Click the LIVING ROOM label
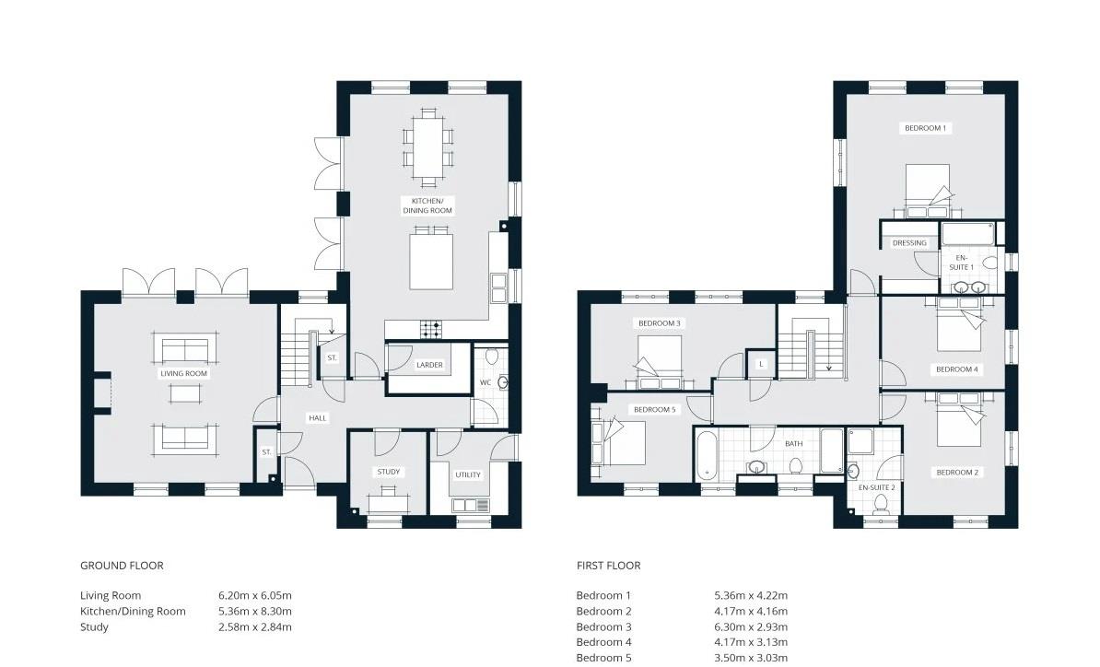[x=184, y=373]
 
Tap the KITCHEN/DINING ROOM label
[x=428, y=205]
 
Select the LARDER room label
[x=429, y=365]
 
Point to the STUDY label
[x=389, y=472]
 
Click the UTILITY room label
[x=468, y=474]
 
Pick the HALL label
[x=318, y=418]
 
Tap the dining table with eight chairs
[x=428, y=147]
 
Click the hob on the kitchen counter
[x=431, y=328]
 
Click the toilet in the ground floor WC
[x=491, y=357]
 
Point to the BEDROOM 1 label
[x=925, y=128]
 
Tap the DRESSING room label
[x=909, y=243]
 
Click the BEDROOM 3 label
[x=660, y=323]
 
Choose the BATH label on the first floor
[x=794, y=444]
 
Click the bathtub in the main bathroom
[x=707, y=456]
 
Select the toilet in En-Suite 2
[x=880, y=504]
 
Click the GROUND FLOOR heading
[x=122, y=566]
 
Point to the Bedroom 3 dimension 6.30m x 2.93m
[x=751, y=627]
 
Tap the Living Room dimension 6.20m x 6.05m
[x=254, y=595]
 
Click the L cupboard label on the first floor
[x=762, y=365]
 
